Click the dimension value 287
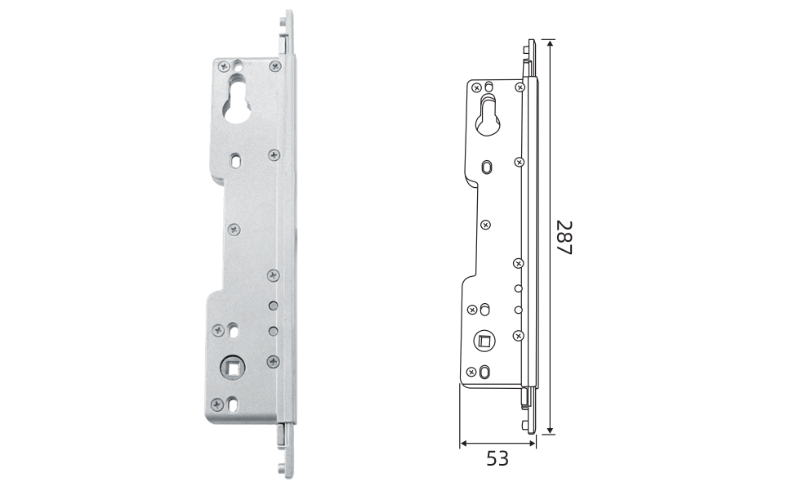click(564, 238)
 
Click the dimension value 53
click(497, 458)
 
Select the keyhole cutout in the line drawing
click(488, 116)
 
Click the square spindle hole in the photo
click(233, 368)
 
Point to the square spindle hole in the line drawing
click(484, 341)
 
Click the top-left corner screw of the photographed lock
click(224, 67)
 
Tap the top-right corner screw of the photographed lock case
click(275, 66)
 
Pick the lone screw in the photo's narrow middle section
click(234, 230)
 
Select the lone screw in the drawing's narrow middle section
click(486, 225)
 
